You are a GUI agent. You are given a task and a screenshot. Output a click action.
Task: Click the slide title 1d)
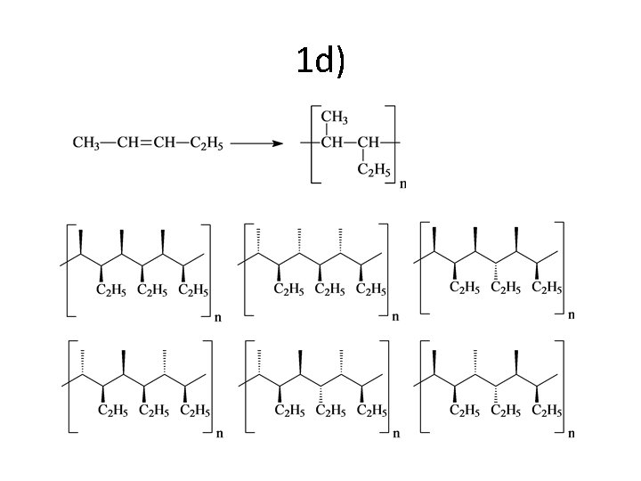(320, 61)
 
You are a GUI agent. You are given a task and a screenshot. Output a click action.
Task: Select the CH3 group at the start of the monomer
(85, 143)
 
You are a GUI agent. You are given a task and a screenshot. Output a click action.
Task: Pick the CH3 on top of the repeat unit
(334, 118)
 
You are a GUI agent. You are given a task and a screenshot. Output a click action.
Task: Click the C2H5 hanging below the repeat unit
(374, 169)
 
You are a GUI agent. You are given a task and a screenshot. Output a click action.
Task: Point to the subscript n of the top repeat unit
(403, 184)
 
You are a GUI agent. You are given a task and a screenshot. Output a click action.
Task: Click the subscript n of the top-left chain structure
(219, 315)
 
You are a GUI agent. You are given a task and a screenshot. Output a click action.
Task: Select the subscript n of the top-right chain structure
(572, 314)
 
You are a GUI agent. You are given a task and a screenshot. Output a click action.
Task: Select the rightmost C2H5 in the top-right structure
(547, 287)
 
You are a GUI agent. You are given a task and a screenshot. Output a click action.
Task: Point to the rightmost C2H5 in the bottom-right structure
(547, 410)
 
